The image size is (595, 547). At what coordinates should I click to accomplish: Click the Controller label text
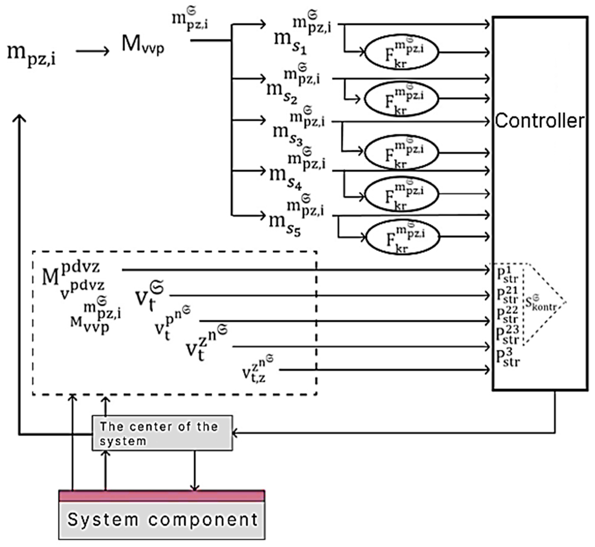click(x=539, y=121)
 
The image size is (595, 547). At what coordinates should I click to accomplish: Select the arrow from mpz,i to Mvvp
click(x=93, y=51)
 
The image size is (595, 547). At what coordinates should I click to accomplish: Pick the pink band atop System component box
click(x=162, y=496)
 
